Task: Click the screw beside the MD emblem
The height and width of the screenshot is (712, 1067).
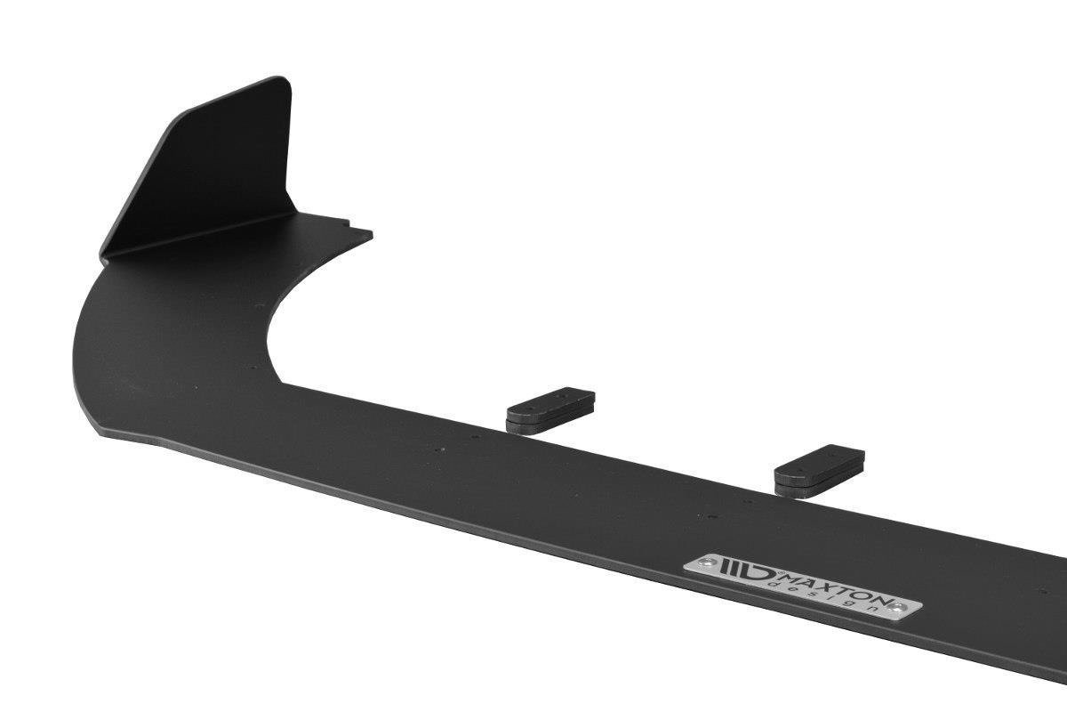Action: point(707,562)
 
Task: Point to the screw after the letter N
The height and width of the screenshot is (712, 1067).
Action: point(896,607)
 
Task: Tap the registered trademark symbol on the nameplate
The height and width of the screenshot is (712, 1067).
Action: point(782,572)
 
